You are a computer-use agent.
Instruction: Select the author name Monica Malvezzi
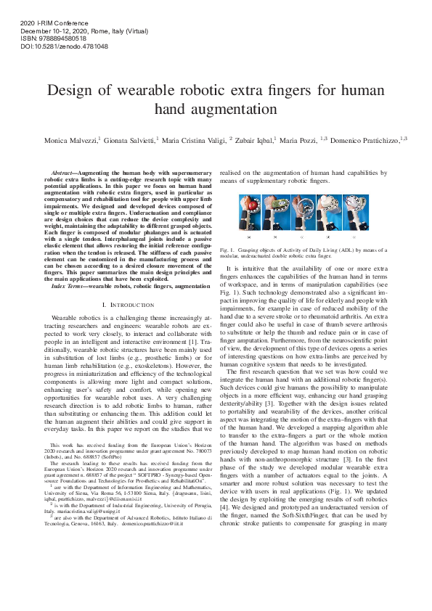click(71, 139)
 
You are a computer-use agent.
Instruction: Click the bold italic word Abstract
click(65, 173)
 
